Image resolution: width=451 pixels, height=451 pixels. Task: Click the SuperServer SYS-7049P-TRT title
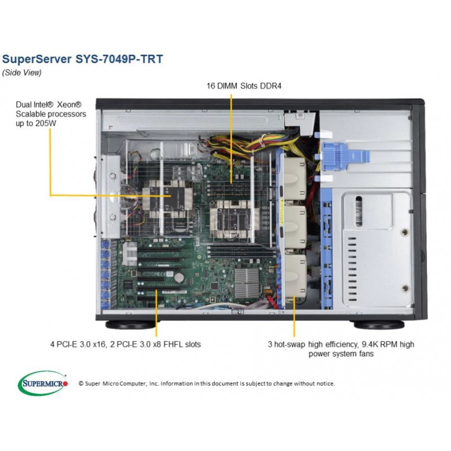82,59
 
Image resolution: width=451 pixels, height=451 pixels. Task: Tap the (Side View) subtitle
22,73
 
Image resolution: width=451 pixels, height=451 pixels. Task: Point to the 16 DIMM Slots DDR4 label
244,86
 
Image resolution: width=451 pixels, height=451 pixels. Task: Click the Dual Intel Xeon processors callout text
51,114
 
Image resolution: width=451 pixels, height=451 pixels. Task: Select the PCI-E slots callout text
125,344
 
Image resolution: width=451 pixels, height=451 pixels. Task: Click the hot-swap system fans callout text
341,349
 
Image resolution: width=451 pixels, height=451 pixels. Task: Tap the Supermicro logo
43,383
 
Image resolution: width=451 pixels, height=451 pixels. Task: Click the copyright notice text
207,383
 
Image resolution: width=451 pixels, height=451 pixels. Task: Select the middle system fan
295,227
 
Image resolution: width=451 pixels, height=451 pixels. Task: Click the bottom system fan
295,276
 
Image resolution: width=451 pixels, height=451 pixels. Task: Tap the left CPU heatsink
167,199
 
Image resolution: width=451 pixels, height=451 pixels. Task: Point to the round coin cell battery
179,277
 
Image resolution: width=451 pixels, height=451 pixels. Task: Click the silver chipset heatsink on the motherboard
246,283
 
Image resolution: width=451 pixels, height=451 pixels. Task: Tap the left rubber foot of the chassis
130,325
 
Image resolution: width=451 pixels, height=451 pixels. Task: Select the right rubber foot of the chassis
379,325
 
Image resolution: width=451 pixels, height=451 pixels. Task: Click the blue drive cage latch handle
346,157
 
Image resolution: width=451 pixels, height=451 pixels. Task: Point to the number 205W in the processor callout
46,123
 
